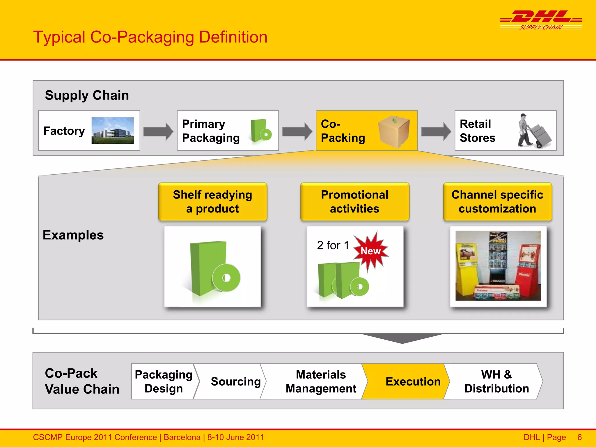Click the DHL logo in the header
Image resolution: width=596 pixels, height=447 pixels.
click(x=541, y=20)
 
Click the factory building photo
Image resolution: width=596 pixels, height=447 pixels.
click(x=113, y=130)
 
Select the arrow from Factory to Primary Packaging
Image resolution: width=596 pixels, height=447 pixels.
click(x=158, y=131)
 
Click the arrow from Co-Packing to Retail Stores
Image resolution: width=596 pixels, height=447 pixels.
click(x=436, y=131)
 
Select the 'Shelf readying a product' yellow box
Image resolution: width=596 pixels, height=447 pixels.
click(x=212, y=201)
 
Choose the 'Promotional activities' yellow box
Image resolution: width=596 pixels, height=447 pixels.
click(x=354, y=201)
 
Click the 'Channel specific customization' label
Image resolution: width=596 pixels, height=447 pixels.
click(x=497, y=201)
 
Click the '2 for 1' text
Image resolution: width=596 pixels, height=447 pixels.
click(x=333, y=245)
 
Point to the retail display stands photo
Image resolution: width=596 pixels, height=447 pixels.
click(x=498, y=265)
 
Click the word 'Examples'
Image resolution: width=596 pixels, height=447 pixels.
click(x=73, y=235)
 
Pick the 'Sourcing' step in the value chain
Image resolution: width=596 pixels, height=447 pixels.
click(x=235, y=381)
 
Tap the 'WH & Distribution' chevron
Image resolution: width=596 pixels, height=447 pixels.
click(x=496, y=381)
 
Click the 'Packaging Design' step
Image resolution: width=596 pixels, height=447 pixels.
click(x=163, y=381)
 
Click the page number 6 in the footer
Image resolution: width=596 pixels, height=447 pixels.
click(x=579, y=437)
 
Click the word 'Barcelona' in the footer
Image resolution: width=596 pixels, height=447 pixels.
click(x=182, y=437)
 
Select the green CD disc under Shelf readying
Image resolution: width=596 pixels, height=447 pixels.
click(x=226, y=278)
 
